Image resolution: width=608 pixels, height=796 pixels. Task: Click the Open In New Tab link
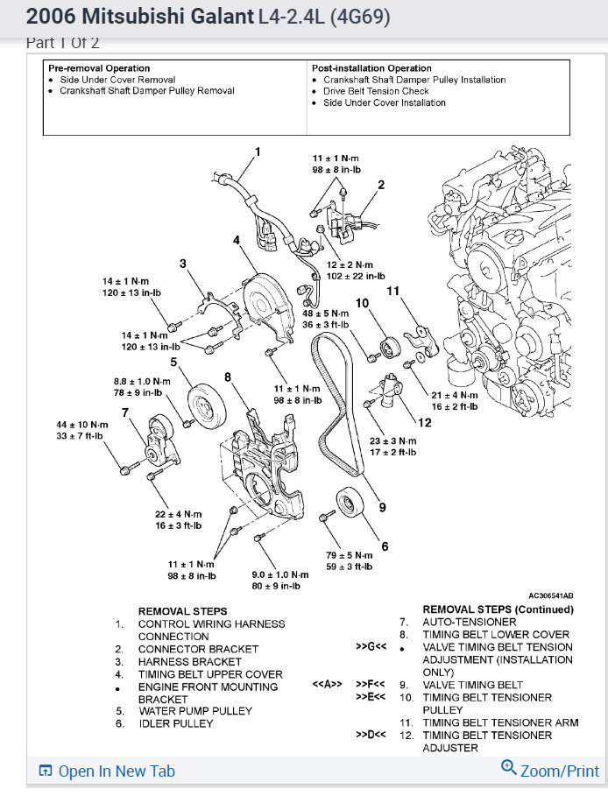[x=108, y=771]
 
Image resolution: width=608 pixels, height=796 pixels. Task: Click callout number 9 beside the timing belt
[x=382, y=505]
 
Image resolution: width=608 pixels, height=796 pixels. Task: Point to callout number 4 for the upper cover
[x=237, y=240]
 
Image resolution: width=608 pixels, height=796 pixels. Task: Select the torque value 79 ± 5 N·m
[x=349, y=554]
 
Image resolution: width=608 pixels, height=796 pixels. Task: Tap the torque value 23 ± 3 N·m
[x=392, y=440]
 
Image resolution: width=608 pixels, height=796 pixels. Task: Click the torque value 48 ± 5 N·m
[x=326, y=313]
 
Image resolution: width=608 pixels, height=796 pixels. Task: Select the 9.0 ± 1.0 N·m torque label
[x=274, y=574]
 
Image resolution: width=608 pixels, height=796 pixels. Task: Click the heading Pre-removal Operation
[x=99, y=68]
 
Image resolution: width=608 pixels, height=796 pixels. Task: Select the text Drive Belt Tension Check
[x=376, y=91]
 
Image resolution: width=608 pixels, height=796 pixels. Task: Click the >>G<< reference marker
[x=371, y=647]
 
